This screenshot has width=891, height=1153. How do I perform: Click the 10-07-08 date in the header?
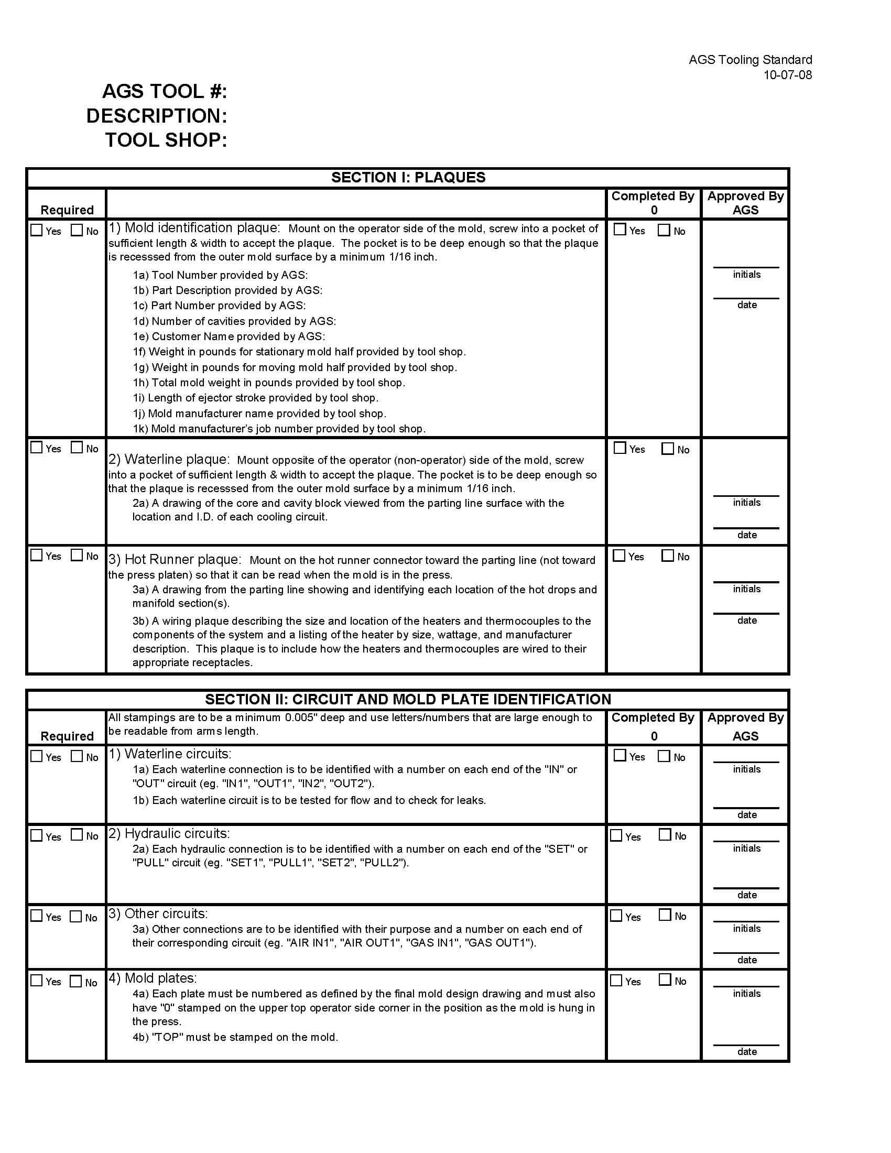(787, 75)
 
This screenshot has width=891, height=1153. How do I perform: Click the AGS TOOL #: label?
(164, 91)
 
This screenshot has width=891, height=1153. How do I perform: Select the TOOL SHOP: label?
(166, 140)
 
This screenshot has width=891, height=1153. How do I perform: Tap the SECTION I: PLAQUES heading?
(408, 177)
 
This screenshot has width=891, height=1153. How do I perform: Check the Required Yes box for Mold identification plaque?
(36, 230)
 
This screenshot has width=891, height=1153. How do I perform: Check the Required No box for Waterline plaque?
(77, 448)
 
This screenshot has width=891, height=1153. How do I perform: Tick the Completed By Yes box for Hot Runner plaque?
(619, 556)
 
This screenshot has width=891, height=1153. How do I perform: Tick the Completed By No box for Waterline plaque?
(668, 449)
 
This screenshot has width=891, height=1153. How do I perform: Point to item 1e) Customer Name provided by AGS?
(238, 336)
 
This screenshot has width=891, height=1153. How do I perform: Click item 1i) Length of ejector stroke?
(255, 398)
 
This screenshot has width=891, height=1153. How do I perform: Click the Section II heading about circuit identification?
(408, 700)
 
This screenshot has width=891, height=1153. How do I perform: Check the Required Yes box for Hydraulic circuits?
(36, 835)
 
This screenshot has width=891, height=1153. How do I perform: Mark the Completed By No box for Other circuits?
(665, 915)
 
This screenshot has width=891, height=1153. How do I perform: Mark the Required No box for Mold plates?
(76, 982)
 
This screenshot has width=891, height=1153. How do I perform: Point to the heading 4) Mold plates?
(153, 978)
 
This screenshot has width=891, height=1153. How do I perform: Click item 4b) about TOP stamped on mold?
(235, 1037)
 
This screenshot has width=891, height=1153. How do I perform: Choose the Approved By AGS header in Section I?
(745, 203)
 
